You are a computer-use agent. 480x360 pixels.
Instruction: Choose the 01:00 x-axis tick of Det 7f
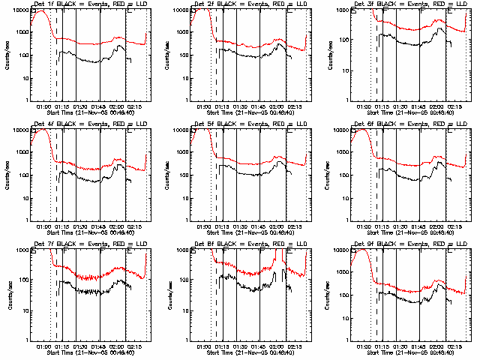(x=43, y=346)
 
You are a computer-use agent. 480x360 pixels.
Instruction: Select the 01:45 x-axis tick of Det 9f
(x=421, y=346)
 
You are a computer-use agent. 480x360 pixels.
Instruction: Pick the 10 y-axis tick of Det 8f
(x=186, y=310)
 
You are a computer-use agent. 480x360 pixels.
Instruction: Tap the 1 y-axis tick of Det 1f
(x=25, y=100)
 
